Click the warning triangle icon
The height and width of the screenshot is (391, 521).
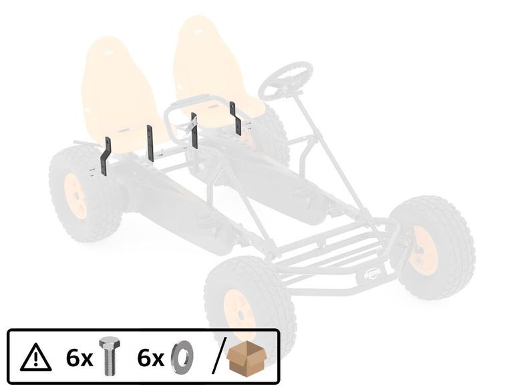coord(36,358)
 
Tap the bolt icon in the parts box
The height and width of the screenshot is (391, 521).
coord(109,356)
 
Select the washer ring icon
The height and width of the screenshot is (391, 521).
coord(181,357)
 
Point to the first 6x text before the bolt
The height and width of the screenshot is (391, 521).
coord(79,358)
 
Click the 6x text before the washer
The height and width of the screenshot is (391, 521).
coord(150,358)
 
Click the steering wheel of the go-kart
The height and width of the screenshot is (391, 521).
coord(286,80)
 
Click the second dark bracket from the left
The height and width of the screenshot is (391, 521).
coord(150,143)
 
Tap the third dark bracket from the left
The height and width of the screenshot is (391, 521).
coord(194,131)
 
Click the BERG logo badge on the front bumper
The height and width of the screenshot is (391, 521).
coord(372,273)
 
